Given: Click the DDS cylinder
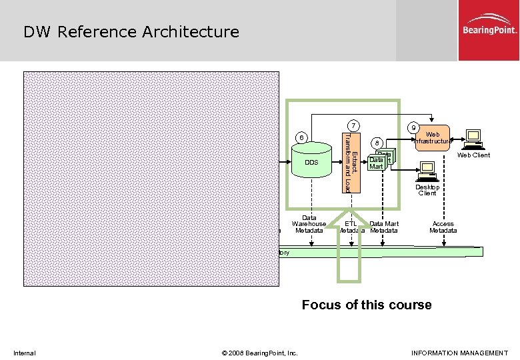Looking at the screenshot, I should click(x=312, y=163).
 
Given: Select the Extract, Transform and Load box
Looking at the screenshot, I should click(x=350, y=162).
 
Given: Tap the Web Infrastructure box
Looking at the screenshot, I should click(x=432, y=138).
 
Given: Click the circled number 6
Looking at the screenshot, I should click(x=302, y=138).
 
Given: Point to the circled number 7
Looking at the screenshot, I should click(x=355, y=126).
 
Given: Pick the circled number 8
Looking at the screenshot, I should click(x=377, y=143).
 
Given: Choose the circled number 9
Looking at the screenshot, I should click(x=414, y=127).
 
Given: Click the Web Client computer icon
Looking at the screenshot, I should click(x=473, y=138).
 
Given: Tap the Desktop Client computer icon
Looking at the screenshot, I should click(x=427, y=172).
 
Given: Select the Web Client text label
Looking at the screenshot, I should click(x=473, y=155).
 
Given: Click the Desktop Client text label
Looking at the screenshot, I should click(x=427, y=190).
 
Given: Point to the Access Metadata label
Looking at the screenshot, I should click(x=443, y=227).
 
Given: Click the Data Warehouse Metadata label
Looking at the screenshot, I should click(x=309, y=224).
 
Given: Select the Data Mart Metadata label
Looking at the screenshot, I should click(x=384, y=227).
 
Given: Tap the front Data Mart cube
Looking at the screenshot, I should click(x=377, y=163).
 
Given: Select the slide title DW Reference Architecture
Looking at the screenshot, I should click(x=131, y=32).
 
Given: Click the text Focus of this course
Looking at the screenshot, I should click(x=367, y=305).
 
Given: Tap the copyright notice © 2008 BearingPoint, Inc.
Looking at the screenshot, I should click(x=259, y=353).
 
